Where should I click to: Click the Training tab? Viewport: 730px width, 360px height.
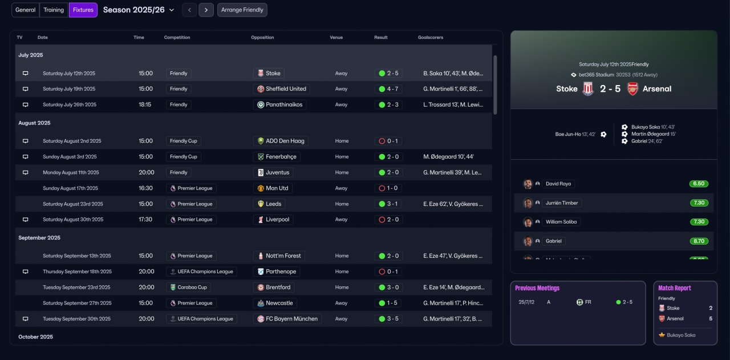point(54,10)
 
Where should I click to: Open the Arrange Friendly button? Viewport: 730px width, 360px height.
point(242,10)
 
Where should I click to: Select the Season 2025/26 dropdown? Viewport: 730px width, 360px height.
point(139,10)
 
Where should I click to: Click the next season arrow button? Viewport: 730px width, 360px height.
point(206,10)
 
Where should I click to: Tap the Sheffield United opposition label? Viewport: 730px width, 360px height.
point(282,89)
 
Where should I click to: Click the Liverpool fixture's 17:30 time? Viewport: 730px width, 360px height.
point(145,220)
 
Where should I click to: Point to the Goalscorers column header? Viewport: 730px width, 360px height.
point(430,38)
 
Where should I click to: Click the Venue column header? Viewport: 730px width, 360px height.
point(336,38)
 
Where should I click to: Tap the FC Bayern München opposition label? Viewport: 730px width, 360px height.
point(287,319)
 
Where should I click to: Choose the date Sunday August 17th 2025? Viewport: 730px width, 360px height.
point(70,188)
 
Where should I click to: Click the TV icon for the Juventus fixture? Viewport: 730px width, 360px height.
point(25,172)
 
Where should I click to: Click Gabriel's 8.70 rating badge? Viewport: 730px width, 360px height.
point(699,241)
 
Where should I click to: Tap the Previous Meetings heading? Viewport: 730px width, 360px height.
point(537,288)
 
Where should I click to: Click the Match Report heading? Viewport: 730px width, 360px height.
point(675,288)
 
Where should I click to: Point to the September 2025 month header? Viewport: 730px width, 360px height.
point(39,238)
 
